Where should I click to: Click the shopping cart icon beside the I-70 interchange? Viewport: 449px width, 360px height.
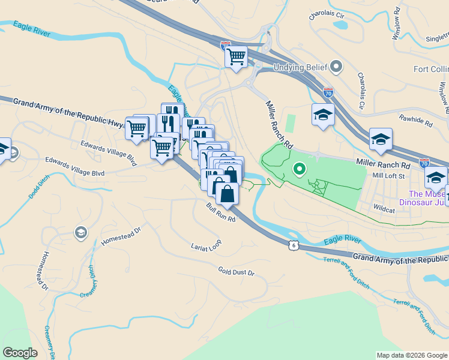click(x=237, y=58)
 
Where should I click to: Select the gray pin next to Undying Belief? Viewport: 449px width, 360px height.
click(x=336, y=66)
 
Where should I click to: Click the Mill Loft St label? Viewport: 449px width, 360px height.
click(x=389, y=176)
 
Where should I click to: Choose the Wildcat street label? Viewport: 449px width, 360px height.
click(x=384, y=210)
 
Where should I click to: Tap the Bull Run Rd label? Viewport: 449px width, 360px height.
click(x=220, y=212)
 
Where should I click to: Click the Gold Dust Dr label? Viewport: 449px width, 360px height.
click(x=237, y=272)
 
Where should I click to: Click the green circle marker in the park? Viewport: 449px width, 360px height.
click(x=298, y=170)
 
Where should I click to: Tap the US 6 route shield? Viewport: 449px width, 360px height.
click(x=292, y=245)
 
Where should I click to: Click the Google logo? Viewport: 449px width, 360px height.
click(x=20, y=353)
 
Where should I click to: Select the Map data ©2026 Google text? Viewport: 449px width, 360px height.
click(x=411, y=355)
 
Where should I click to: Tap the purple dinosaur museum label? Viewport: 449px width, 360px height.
click(x=429, y=198)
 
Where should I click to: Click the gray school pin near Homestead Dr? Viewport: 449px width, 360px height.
click(x=80, y=232)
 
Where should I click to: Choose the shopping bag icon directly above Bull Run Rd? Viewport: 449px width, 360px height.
click(x=227, y=194)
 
